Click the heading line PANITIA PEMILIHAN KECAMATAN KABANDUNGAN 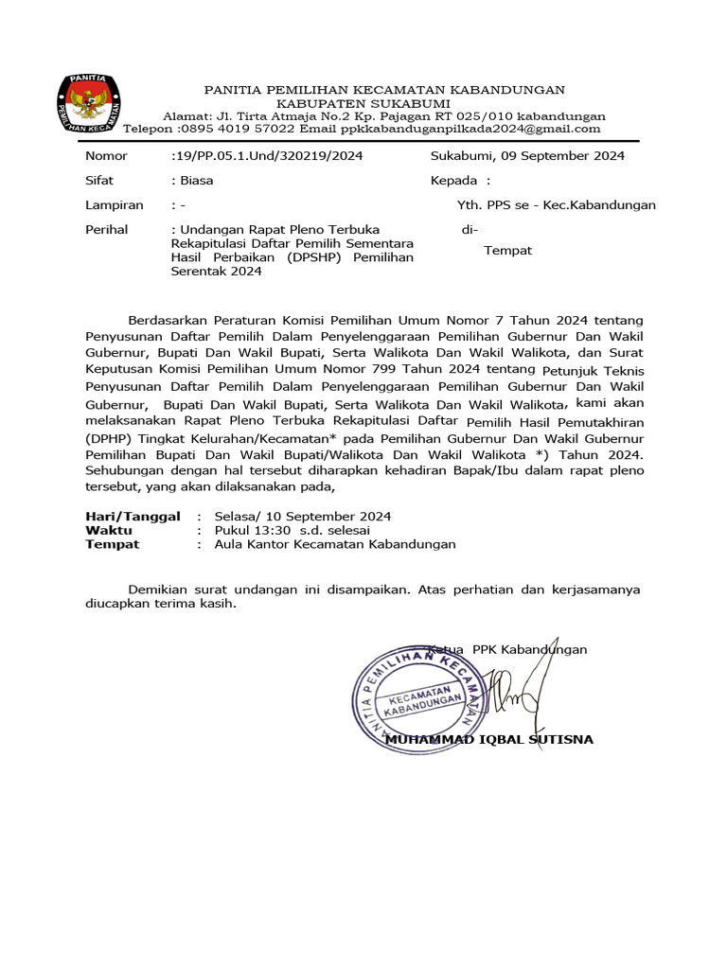point(384,90)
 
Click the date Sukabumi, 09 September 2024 point(527,156)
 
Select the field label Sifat point(99,180)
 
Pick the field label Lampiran point(114,204)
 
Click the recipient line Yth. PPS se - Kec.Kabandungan point(557,204)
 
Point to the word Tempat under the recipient point(508,251)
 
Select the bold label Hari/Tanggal point(132,517)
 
